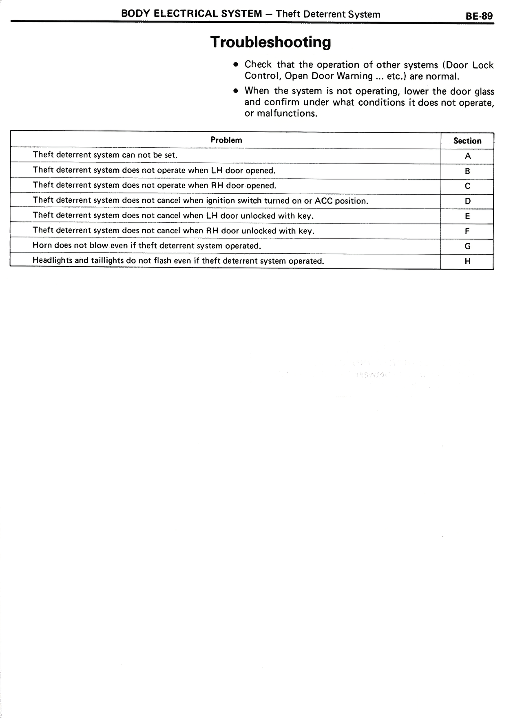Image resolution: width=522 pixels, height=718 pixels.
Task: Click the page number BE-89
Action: [x=479, y=16]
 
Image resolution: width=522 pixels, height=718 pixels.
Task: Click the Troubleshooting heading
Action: [x=270, y=42]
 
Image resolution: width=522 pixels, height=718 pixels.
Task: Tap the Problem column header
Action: [x=226, y=140]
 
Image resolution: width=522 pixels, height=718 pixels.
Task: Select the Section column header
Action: [x=467, y=141]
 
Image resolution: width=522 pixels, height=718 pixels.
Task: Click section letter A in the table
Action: [x=468, y=156]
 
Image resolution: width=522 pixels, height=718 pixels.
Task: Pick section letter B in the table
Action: [x=468, y=171]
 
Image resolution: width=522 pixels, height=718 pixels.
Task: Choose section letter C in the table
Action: [x=468, y=186]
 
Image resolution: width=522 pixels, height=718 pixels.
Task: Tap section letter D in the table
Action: [x=468, y=201]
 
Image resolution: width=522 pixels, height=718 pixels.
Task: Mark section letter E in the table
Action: [x=468, y=216]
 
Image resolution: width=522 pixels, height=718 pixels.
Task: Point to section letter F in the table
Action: [x=468, y=231]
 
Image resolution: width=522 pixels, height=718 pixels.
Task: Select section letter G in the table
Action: [x=468, y=246]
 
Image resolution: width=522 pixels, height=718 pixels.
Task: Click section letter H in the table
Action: [x=468, y=261]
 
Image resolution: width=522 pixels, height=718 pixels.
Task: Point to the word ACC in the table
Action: [x=324, y=201]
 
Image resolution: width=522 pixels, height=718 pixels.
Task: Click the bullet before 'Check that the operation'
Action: [x=235, y=65]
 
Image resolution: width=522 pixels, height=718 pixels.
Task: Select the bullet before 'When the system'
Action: [x=235, y=91]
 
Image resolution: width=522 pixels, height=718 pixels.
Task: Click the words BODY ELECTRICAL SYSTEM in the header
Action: [x=192, y=13]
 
